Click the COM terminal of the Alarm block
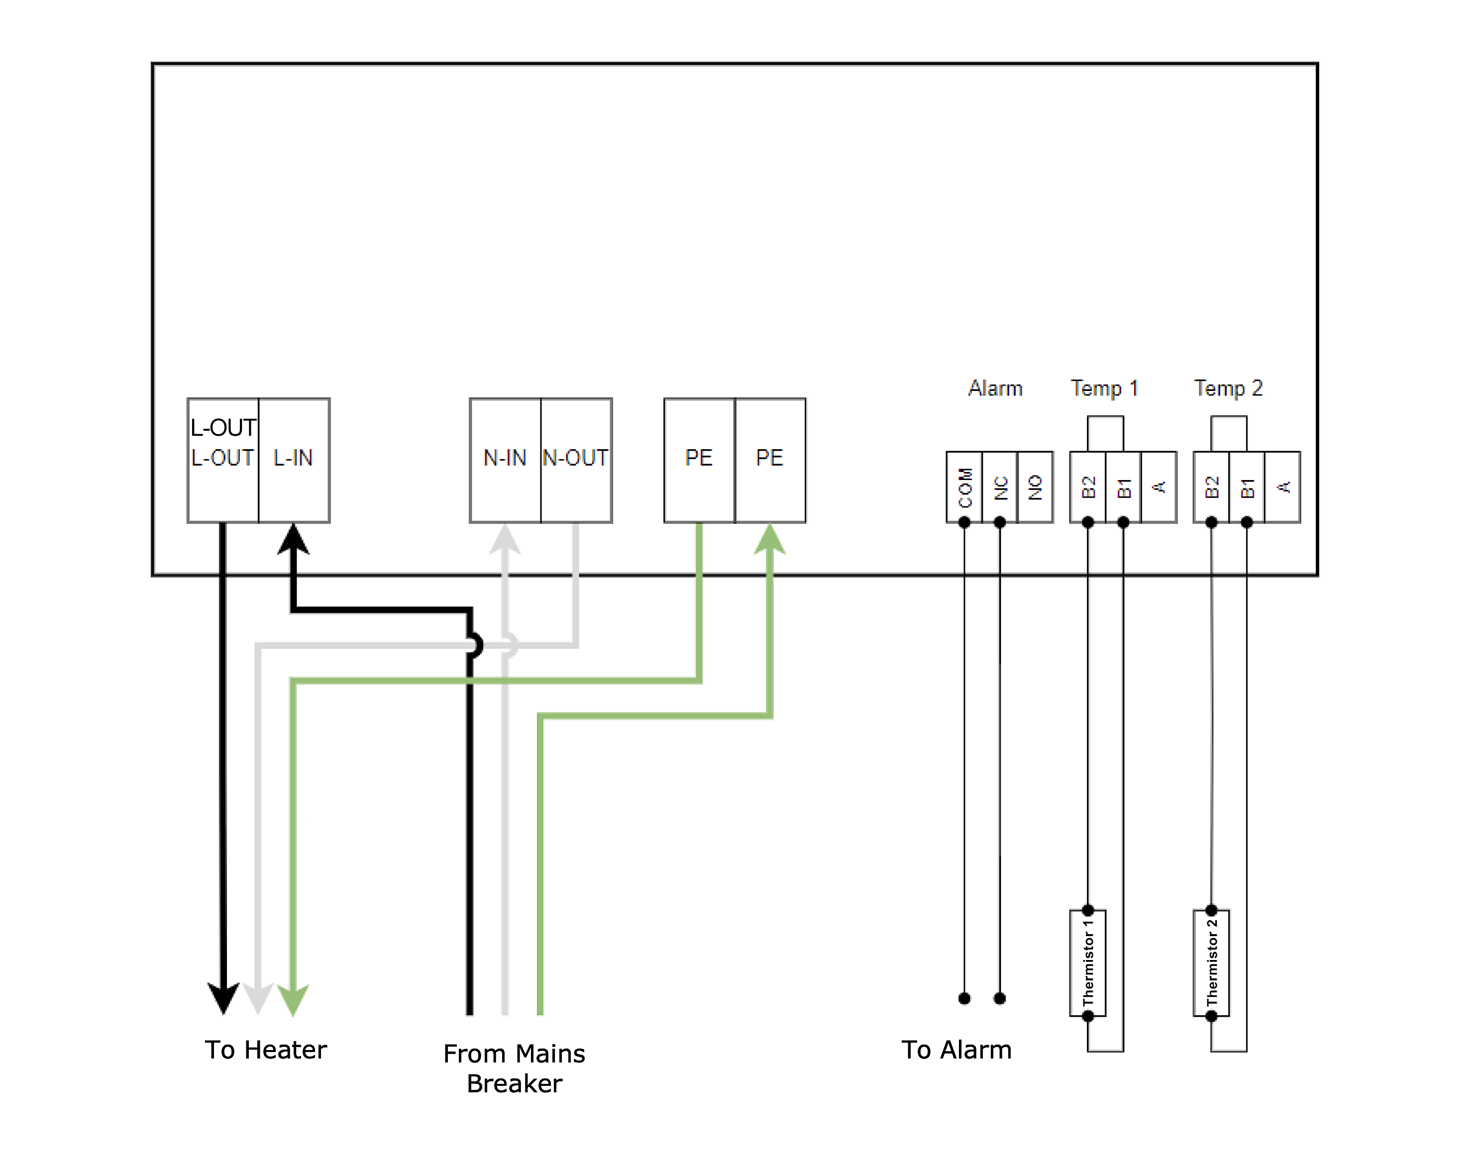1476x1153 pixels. (x=964, y=487)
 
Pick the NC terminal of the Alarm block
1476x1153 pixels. (x=1000, y=487)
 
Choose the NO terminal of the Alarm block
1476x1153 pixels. (x=1036, y=487)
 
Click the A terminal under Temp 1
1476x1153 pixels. (x=1159, y=487)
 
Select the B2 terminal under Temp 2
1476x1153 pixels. (x=1212, y=487)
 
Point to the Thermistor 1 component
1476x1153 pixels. (x=1088, y=962)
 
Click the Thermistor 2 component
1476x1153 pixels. (x=1212, y=962)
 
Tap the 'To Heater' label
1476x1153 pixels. (x=266, y=1050)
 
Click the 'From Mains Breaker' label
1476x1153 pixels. (x=514, y=1068)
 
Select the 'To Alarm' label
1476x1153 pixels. (x=956, y=1050)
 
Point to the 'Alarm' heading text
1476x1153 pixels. (x=995, y=388)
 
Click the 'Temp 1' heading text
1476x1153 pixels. (x=1104, y=388)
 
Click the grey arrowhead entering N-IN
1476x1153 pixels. (x=505, y=540)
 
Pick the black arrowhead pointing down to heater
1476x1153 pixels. (x=223, y=998)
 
